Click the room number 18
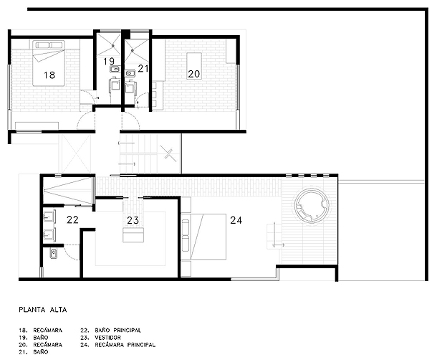(49, 75)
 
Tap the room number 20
(193, 74)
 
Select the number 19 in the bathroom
(109, 61)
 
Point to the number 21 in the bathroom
(143, 69)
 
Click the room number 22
(72, 219)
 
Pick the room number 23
(133, 220)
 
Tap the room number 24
(236, 220)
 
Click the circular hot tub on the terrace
(312, 205)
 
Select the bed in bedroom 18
(49, 63)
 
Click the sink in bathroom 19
(115, 69)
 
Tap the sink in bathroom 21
(130, 73)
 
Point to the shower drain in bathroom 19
(113, 45)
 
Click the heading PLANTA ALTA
(43, 310)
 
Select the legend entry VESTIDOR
(108, 337)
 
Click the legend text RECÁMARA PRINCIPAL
(125, 345)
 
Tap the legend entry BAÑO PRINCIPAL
(118, 330)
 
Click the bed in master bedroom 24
(203, 237)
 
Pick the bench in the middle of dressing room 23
(133, 235)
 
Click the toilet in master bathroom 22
(54, 254)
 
